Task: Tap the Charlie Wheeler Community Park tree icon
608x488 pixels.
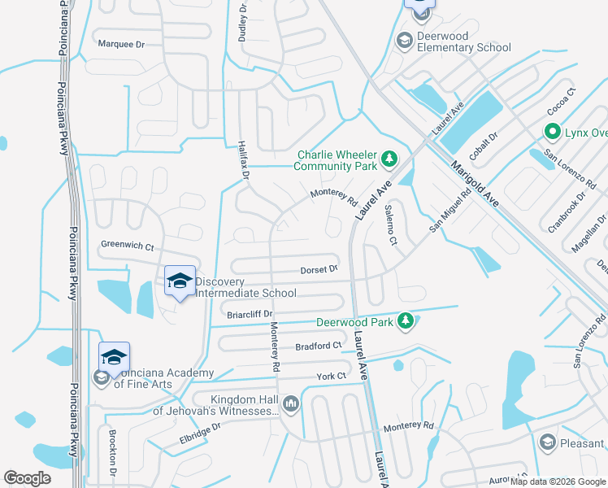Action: pos(389,157)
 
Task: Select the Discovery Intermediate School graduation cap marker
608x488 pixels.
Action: pos(180,282)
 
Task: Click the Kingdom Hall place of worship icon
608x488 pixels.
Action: pos(290,403)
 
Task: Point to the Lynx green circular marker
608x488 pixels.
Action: pos(553,132)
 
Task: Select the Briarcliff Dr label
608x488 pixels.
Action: pos(250,313)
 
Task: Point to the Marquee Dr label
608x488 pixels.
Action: pos(120,45)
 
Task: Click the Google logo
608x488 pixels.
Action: pos(27,478)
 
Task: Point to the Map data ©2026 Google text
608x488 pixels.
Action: pos(557,481)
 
